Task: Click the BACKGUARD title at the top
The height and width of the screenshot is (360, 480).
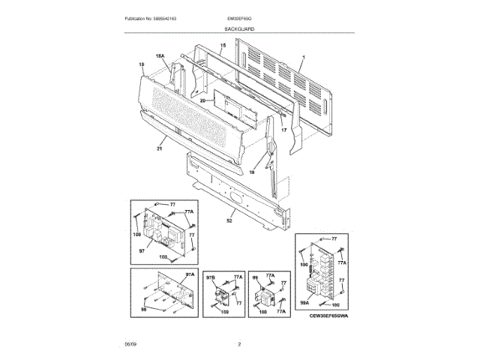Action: click(239, 28)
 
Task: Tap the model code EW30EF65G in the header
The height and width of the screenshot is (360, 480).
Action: click(239, 16)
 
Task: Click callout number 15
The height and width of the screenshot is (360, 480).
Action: click(222, 46)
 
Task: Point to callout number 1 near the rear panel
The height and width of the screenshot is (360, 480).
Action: click(303, 58)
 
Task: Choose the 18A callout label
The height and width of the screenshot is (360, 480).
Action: click(159, 56)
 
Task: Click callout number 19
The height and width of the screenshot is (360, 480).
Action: click(140, 64)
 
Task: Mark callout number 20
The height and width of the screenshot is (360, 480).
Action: click(202, 100)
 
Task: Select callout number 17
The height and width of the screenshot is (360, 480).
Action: click(283, 130)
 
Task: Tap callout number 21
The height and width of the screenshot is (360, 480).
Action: click(159, 149)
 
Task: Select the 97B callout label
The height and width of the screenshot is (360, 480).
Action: click(211, 277)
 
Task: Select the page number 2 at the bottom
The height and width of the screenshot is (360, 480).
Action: click(239, 343)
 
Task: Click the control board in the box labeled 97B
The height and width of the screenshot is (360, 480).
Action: click(221, 295)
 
